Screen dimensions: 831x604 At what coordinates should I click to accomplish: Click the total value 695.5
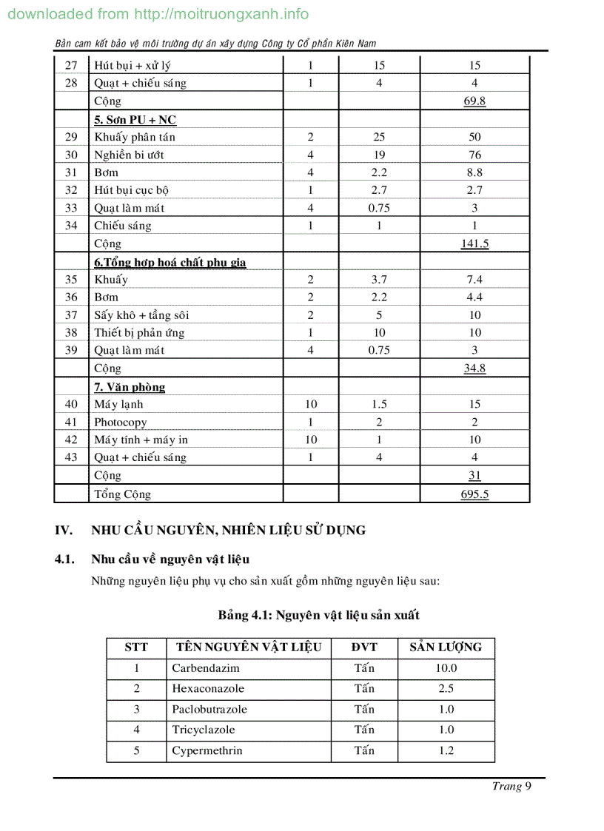click(x=474, y=494)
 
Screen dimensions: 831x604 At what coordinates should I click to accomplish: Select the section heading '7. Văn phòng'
click(x=130, y=387)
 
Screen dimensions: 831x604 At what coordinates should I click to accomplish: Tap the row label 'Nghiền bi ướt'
click(x=129, y=155)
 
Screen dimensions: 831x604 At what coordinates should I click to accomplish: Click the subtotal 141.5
click(x=474, y=243)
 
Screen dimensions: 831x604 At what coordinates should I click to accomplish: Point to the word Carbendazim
click(x=205, y=668)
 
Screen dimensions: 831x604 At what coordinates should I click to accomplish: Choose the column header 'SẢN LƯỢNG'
click(x=446, y=647)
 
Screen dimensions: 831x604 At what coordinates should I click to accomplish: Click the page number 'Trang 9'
click(x=511, y=787)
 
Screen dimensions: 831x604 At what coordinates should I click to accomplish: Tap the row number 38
click(x=71, y=333)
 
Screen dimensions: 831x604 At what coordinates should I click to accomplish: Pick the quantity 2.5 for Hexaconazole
click(x=446, y=689)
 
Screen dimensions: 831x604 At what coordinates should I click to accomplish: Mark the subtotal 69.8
click(x=474, y=101)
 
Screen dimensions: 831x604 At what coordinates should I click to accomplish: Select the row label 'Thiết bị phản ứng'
click(x=139, y=333)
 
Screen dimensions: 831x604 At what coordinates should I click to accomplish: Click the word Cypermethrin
click(x=207, y=751)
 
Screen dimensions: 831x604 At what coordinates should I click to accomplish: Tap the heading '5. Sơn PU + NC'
click(x=135, y=120)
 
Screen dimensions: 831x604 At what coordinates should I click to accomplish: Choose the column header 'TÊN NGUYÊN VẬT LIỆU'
click(x=249, y=647)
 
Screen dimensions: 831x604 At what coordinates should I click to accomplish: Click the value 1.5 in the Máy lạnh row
click(x=379, y=405)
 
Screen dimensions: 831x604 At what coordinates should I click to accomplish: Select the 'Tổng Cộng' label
click(x=122, y=494)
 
